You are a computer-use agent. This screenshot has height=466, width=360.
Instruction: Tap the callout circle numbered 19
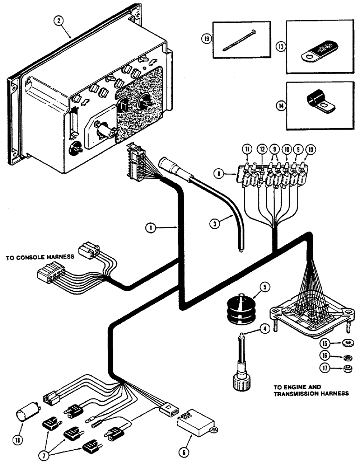point(204,39)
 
